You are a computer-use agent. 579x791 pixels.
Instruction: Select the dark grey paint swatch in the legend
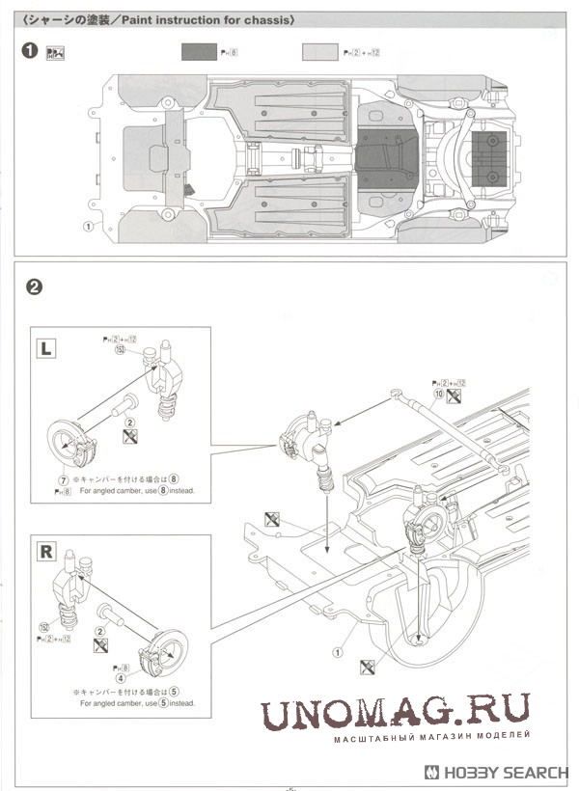(x=199, y=52)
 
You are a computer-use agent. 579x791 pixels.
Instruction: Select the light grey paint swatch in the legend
(x=319, y=52)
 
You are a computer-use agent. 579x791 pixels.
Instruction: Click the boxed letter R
(x=44, y=552)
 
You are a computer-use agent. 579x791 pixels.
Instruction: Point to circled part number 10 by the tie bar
(x=439, y=395)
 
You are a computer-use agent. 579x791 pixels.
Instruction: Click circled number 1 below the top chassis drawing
(x=88, y=226)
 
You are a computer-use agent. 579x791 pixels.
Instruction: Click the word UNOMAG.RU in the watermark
(x=395, y=713)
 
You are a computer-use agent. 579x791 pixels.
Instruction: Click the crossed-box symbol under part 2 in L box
(x=128, y=437)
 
